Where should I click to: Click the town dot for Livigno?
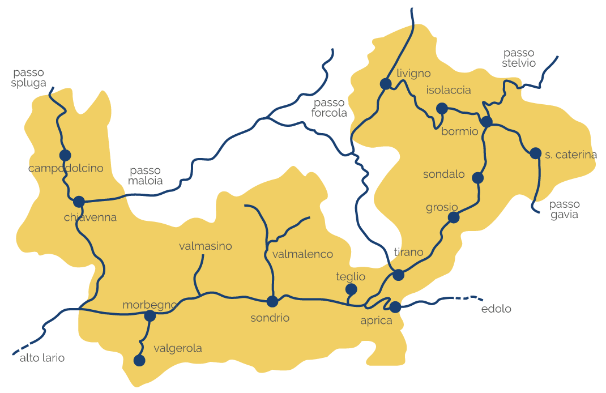tap(386, 84)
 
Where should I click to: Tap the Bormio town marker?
tap(486, 122)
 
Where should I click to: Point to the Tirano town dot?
tap(399, 275)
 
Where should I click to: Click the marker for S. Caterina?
tap(535, 153)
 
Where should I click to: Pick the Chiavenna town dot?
tap(79, 201)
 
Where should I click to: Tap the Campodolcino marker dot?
tap(65, 155)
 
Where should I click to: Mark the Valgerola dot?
tap(139, 360)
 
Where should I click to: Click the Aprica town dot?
tap(395, 307)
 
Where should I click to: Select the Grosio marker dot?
tap(454, 217)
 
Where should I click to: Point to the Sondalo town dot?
tap(477, 178)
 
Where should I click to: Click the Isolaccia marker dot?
tap(442, 108)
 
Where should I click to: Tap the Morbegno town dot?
tap(150, 316)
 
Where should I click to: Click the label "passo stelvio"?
tap(518, 58)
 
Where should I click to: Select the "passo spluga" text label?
tap(29, 78)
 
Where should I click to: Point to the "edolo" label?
tap(496, 309)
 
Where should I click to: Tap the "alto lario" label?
tap(42, 358)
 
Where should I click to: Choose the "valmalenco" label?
tap(302, 254)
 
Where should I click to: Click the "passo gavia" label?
tap(564, 210)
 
